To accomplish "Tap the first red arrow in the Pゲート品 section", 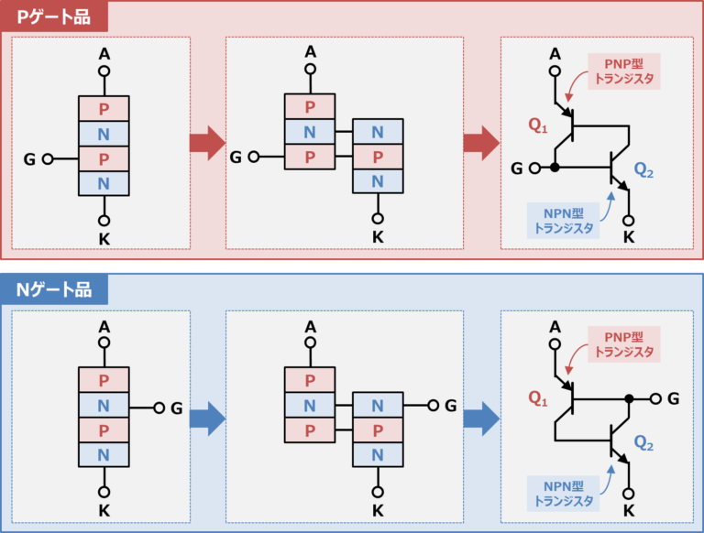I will tap(206, 143).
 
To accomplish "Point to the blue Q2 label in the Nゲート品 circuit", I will tap(643, 446).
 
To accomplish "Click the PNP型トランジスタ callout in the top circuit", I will tap(624, 71).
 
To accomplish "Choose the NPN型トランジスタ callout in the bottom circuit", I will tap(564, 493).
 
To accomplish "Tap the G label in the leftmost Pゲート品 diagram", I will tap(31, 158).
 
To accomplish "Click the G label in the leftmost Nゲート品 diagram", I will tap(177, 408).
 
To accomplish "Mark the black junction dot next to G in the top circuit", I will tap(555, 168).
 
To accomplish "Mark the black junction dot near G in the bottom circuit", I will tap(628, 398).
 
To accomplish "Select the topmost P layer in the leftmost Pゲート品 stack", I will tap(104, 108).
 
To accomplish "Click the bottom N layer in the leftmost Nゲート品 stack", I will tap(104, 454).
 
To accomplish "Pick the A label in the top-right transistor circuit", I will tap(555, 53).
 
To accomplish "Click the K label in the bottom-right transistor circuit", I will tap(628, 511).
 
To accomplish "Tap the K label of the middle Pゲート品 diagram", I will tap(378, 237).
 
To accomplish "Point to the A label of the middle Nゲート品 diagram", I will tap(310, 326).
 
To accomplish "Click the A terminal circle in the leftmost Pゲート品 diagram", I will tap(104, 71).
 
